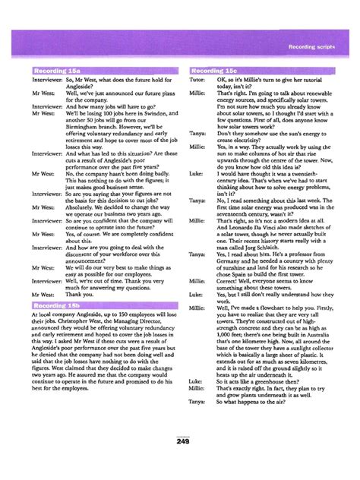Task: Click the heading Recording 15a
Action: [x=56, y=72]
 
